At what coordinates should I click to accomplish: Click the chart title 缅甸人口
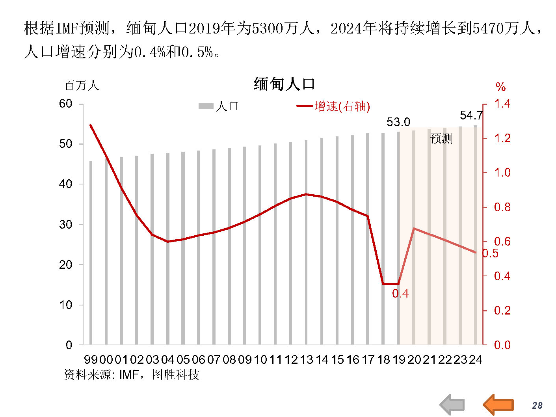click(284, 84)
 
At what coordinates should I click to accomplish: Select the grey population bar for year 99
click(91, 252)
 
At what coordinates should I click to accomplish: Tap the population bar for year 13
click(306, 242)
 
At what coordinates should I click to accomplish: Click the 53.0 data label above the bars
click(398, 122)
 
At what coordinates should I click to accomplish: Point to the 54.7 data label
click(471, 115)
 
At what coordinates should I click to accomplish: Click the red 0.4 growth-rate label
click(400, 294)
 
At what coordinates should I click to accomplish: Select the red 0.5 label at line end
click(491, 253)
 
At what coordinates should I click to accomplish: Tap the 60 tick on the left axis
click(65, 104)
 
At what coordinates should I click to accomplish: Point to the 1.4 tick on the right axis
click(502, 104)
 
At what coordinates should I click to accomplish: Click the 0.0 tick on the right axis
click(502, 345)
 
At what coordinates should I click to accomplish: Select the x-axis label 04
click(167, 359)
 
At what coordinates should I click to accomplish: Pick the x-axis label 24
click(476, 359)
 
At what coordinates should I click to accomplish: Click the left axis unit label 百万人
click(82, 86)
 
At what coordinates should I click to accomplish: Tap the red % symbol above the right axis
click(500, 87)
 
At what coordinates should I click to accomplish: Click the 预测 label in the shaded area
click(441, 139)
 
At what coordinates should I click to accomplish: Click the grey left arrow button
click(452, 405)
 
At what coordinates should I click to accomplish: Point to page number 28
click(537, 406)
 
